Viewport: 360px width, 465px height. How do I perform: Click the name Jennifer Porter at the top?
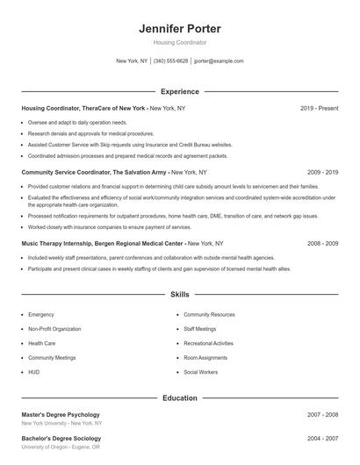(x=179, y=28)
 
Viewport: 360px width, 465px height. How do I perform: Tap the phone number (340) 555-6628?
(x=170, y=61)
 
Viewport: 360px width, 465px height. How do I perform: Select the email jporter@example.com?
(x=219, y=61)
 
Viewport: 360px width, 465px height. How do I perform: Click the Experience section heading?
(x=180, y=91)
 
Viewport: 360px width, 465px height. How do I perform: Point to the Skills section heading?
(x=180, y=295)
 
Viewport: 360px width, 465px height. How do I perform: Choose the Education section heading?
(x=180, y=397)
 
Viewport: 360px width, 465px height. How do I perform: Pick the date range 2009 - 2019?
(x=322, y=173)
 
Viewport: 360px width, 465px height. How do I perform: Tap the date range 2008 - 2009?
(x=322, y=243)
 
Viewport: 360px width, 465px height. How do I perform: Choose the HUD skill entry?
(x=34, y=372)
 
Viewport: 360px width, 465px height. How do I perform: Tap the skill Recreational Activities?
(x=208, y=343)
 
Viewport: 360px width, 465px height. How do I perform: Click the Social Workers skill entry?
(x=201, y=372)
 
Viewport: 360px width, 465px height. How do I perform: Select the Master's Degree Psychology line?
(x=61, y=414)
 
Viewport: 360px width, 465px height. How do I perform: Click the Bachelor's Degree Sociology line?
(x=60, y=438)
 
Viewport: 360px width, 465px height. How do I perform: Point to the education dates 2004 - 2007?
(x=322, y=438)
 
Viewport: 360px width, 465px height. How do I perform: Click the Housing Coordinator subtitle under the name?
(x=179, y=42)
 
